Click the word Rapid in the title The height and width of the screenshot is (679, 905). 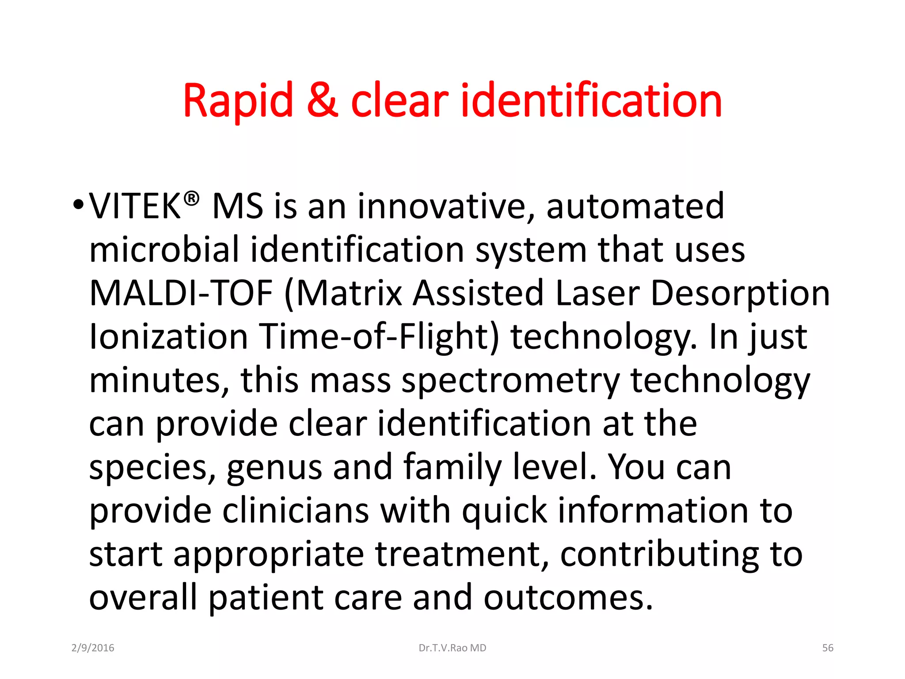point(238,101)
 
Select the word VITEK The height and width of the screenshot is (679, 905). point(135,206)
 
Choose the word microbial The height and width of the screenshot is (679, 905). point(164,250)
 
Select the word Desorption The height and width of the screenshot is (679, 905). point(740,294)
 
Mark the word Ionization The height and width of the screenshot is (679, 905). point(168,337)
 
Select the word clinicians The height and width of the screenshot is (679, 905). point(296,511)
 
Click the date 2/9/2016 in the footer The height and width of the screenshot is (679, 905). point(93,648)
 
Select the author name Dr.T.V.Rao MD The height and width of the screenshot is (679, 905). point(452,648)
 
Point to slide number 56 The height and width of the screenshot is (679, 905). point(827,648)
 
